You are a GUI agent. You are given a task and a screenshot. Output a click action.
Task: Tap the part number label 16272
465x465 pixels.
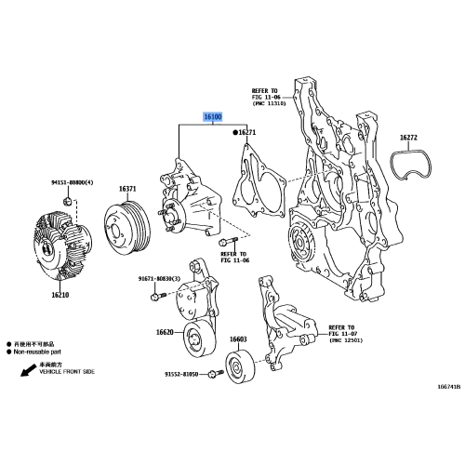(x=410, y=139)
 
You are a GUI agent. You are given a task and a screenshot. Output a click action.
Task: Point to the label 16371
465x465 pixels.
(x=127, y=190)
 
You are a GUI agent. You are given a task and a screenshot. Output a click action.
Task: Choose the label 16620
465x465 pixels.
(x=165, y=332)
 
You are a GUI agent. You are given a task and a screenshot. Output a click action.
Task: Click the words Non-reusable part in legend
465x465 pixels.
(x=43, y=352)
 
